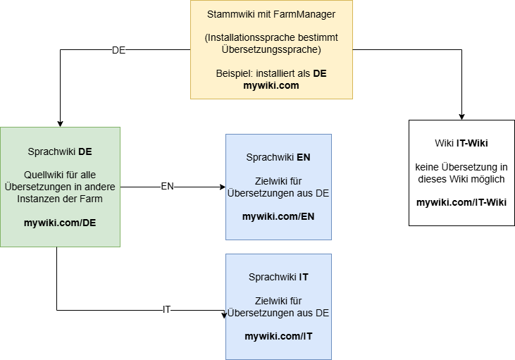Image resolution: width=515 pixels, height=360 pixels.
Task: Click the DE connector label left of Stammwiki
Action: click(x=118, y=50)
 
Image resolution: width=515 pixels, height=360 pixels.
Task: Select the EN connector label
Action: click(x=167, y=187)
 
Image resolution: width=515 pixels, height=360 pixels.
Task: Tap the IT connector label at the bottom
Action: click(x=166, y=309)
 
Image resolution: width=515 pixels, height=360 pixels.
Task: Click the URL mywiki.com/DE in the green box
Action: click(x=60, y=223)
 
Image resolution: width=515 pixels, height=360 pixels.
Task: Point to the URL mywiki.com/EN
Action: click(x=278, y=216)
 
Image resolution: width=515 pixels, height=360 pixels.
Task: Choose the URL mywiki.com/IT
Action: click(x=278, y=336)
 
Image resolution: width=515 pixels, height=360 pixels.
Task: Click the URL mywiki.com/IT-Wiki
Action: click(x=461, y=203)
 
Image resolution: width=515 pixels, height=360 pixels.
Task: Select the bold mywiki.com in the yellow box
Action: click(x=271, y=86)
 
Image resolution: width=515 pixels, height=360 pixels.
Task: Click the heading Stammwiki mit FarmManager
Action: click(x=271, y=15)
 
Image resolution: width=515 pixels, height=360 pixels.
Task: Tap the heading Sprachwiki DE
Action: click(x=60, y=151)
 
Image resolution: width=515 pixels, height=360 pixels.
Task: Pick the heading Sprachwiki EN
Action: click(x=278, y=157)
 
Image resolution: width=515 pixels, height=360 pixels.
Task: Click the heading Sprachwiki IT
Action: click(x=278, y=277)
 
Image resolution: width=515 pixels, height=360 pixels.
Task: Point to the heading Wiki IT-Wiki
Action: click(x=461, y=143)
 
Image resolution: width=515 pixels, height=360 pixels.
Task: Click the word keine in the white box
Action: click(x=429, y=167)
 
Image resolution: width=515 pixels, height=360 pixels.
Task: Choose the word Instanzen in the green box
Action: click(x=40, y=199)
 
